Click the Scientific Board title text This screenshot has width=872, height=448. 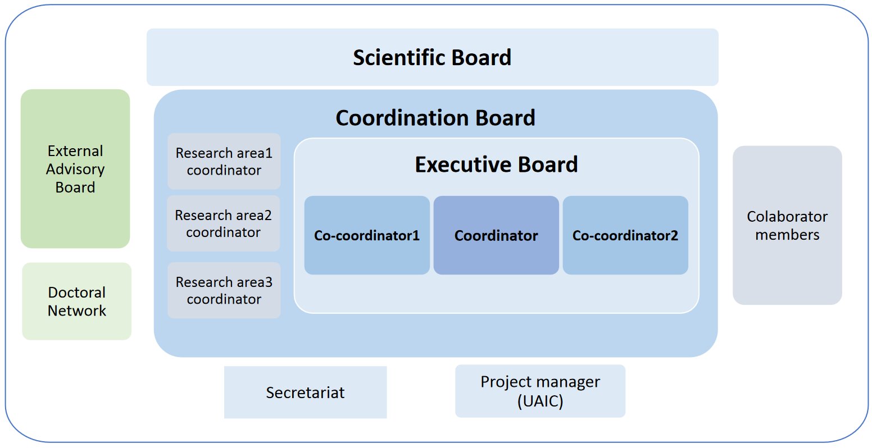point(432,58)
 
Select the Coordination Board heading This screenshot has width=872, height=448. point(435,118)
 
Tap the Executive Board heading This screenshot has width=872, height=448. point(496,164)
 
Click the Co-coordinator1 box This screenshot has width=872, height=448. point(367,235)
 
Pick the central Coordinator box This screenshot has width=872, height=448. point(496,235)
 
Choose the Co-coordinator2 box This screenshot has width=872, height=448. point(625,235)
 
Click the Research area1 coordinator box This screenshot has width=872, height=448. point(224,161)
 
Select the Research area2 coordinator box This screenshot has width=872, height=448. point(224,223)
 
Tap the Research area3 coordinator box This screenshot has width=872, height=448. point(224,290)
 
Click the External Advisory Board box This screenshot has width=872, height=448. point(75,169)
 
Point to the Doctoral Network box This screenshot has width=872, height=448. point(76,301)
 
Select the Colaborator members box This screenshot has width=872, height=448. point(787,225)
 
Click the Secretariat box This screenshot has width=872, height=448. point(305,392)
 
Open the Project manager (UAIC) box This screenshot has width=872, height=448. point(541,391)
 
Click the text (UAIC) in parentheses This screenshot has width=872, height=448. point(541,401)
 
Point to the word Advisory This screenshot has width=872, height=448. point(75,169)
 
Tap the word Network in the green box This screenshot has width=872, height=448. point(76,310)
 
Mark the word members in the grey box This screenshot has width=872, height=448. point(787,235)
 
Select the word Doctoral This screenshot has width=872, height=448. point(76,292)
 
